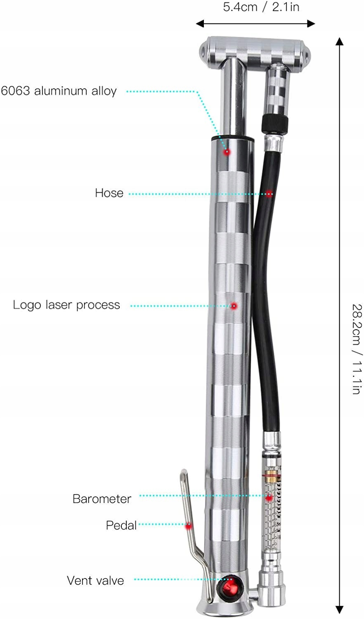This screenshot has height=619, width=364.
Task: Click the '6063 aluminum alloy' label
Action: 59,91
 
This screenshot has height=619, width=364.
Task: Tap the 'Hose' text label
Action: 109,193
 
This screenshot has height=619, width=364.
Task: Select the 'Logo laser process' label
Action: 66,305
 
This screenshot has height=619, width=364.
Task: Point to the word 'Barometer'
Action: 102,499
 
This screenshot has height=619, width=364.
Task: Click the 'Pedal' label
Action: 121,525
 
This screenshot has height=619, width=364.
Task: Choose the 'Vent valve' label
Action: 95,581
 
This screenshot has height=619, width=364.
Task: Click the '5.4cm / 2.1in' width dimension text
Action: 261,7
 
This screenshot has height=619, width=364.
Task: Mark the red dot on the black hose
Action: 269,193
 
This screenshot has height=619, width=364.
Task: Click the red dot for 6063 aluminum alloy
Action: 227,152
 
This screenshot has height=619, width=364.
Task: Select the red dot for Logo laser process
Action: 234,306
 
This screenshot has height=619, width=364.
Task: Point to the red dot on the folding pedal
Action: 189,526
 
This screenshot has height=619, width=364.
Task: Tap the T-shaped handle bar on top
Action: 256,47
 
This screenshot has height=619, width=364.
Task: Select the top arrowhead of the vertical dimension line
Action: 339,41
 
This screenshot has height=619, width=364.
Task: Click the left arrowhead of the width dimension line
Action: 200,24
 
